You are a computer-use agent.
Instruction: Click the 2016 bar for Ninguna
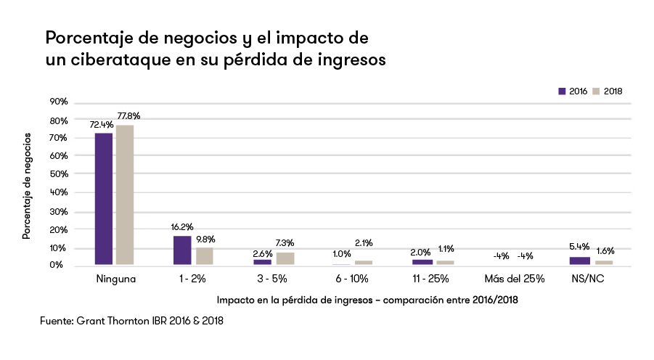[x=104, y=199]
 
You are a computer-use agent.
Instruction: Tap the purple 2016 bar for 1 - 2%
[x=182, y=250]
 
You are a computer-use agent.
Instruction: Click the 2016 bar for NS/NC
[x=579, y=261]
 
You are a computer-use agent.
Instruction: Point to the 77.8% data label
[x=128, y=115]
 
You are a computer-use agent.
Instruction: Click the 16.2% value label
[x=182, y=226]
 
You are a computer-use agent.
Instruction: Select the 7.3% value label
[x=284, y=242]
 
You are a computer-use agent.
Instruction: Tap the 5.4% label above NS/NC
[x=579, y=247]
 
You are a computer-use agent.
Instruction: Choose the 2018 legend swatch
[x=597, y=91]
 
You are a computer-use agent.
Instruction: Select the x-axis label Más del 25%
[x=515, y=278]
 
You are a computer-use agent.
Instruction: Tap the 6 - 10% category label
[x=353, y=278]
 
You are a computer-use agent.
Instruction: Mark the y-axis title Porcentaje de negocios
[x=26, y=186]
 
